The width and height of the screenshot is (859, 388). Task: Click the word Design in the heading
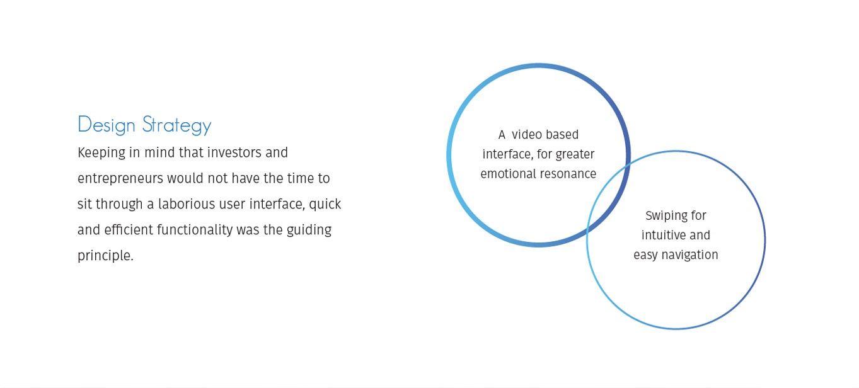pos(107,125)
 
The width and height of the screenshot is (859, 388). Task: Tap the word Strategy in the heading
pos(176,125)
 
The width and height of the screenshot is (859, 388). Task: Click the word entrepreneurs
pos(120,179)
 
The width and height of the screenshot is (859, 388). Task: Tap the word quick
pos(325,205)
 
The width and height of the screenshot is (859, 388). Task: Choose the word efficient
pos(129,230)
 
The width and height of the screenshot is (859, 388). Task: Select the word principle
pos(105,256)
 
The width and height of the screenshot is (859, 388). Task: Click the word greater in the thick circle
pos(575,154)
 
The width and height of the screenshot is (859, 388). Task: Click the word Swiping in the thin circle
pos(667,216)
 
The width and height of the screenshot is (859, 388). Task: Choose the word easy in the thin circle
pos(645,255)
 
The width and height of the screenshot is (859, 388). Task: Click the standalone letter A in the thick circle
pos(502,135)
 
